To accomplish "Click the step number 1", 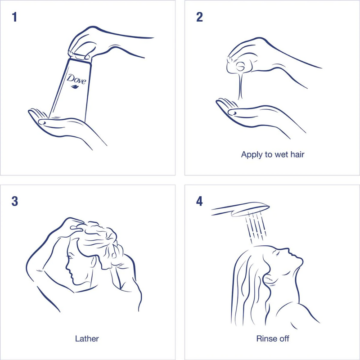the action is (15, 17).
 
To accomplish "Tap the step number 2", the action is (199, 17).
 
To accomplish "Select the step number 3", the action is (15, 201).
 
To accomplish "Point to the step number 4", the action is (199, 201).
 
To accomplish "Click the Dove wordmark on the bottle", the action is (76, 79).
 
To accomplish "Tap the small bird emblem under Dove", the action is (75, 86).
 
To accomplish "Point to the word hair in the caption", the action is (297, 154).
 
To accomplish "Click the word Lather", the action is (87, 339).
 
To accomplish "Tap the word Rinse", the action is (264, 339).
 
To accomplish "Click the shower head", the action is (240, 209).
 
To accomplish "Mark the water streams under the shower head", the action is (256, 227).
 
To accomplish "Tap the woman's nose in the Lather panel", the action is (67, 267).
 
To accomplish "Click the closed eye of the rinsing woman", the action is (277, 253).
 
